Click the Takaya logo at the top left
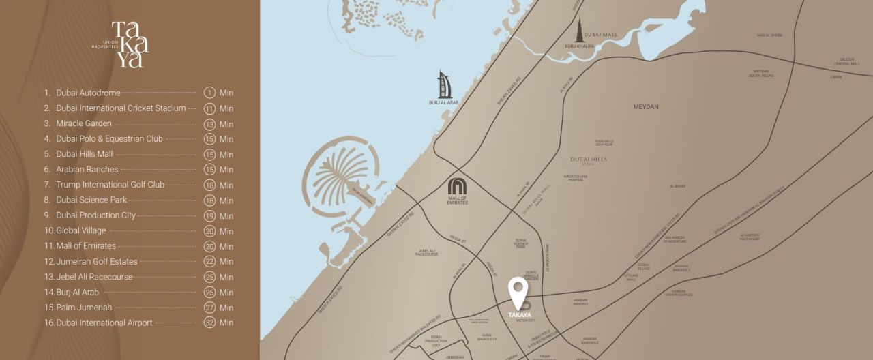(x=129, y=44)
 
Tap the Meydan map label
(x=646, y=107)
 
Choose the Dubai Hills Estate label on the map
(x=589, y=160)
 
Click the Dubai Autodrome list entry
(x=88, y=93)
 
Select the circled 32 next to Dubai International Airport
(x=209, y=322)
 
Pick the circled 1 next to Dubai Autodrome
(x=209, y=93)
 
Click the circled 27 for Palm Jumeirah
(x=209, y=307)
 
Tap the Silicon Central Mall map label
(x=837, y=61)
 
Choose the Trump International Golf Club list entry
(x=110, y=185)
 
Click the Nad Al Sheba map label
(x=769, y=35)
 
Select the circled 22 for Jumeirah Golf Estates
(x=209, y=261)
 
